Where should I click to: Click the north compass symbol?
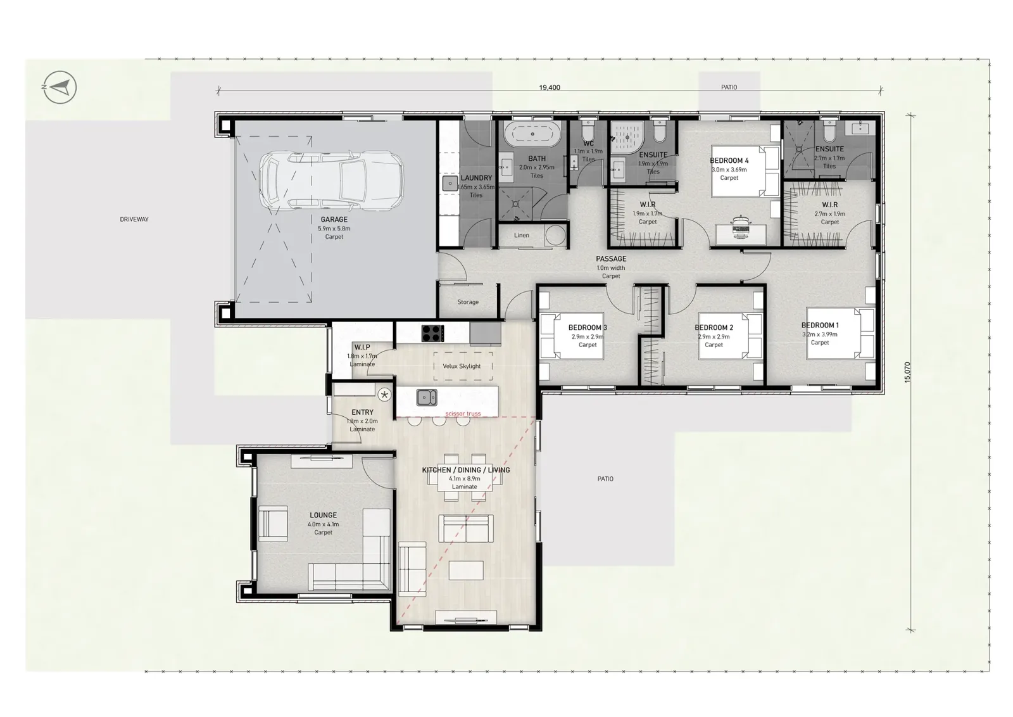tap(60, 87)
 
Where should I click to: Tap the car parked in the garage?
tap(332, 181)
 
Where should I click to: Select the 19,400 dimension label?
tap(550, 87)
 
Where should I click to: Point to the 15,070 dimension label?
tap(907, 372)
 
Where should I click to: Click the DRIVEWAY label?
tap(134, 219)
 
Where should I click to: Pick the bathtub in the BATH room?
tap(532, 134)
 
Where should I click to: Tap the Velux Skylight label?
tap(462, 366)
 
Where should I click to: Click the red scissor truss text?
tap(463, 414)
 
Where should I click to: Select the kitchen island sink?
tap(427, 398)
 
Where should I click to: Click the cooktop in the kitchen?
tap(433, 333)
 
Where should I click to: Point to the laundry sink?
tap(450, 184)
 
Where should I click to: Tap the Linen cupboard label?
tap(522, 235)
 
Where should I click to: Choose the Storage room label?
tap(468, 301)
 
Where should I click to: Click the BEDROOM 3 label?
tap(588, 327)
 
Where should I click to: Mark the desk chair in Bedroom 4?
tap(740, 224)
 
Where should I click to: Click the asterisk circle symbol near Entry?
tap(384, 395)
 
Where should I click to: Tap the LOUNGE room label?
tap(323, 515)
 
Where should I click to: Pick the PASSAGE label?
tap(611, 259)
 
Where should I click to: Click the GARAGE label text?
tap(334, 219)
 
